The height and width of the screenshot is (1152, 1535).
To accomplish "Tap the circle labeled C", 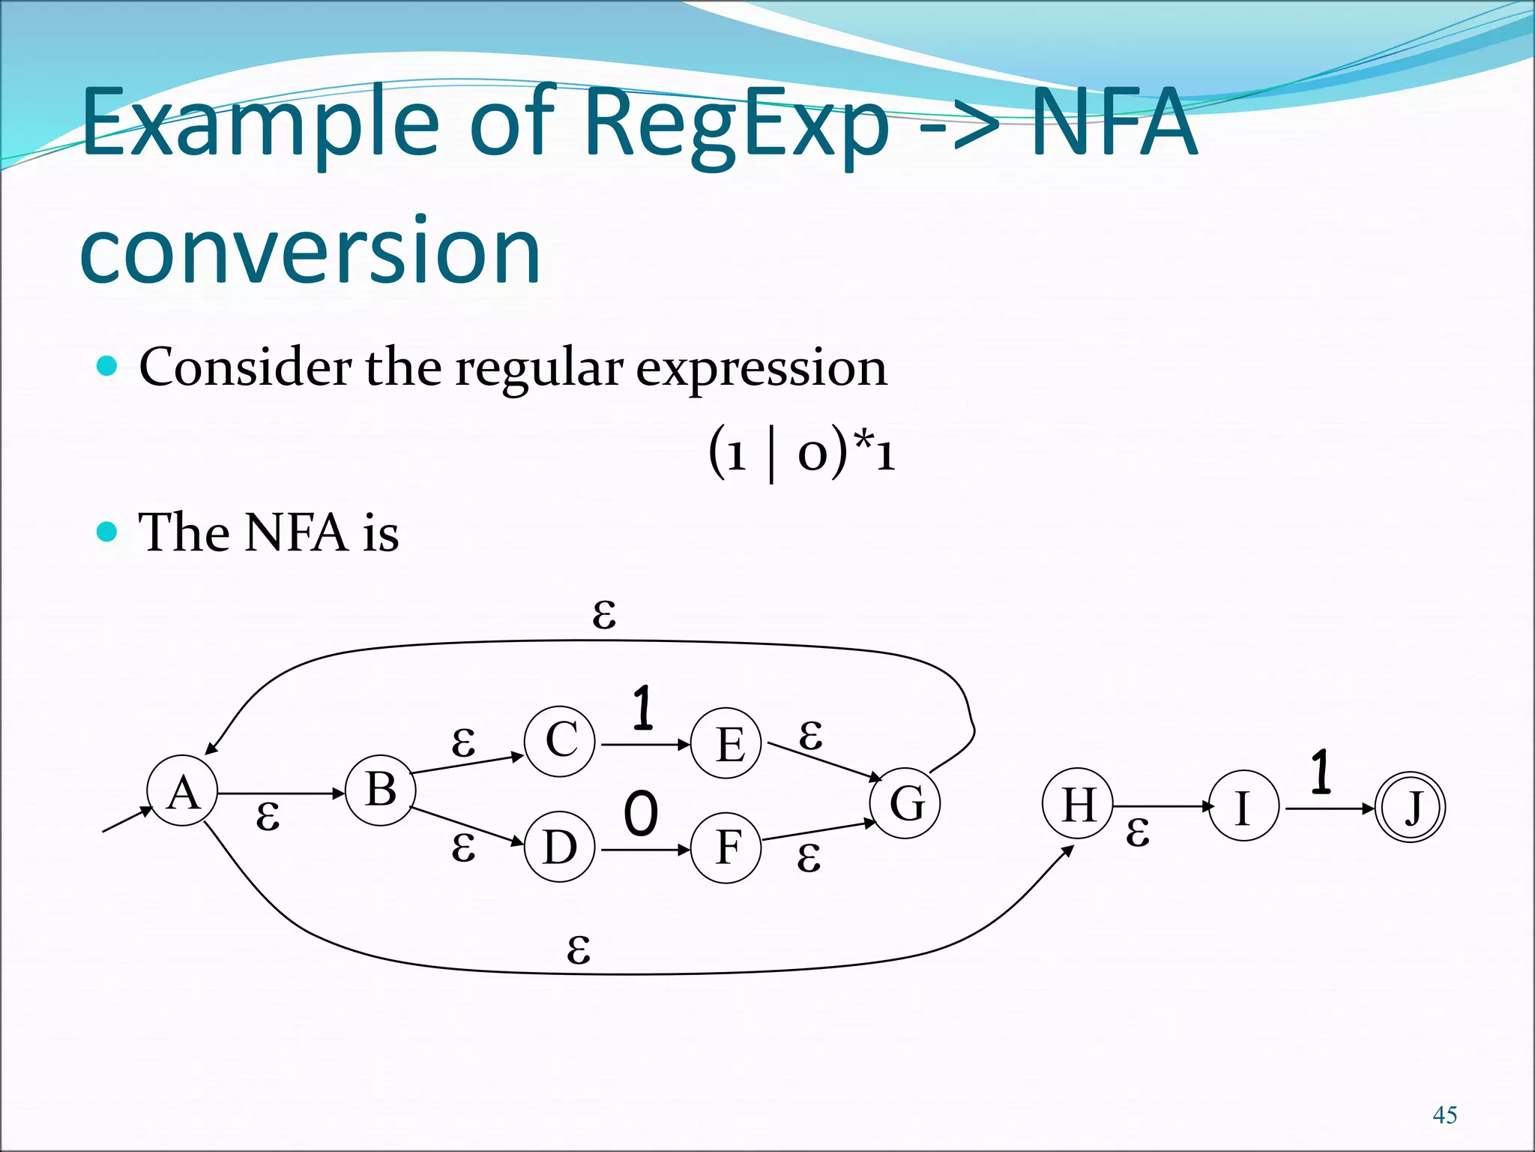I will [560, 741].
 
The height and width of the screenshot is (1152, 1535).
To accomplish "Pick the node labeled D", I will [560, 847].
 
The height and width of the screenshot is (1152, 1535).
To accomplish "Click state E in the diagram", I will [726, 743].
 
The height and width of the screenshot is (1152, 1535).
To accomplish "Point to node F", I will [726, 848].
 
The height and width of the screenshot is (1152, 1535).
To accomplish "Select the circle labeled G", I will [905, 803].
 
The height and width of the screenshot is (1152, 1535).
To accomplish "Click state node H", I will [1078, 804].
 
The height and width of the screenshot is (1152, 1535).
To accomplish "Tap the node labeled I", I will [1243, 806].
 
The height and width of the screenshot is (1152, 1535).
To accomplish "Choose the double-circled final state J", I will [1410, 808].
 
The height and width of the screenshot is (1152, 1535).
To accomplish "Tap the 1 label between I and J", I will [1321, 772].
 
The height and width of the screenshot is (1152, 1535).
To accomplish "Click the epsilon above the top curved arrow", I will [604, 615].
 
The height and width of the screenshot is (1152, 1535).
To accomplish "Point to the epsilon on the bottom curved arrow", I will [579, 950].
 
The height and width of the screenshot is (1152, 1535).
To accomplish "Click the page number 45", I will [1444, 1115].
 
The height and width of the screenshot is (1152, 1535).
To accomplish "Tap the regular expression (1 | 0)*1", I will [801, 453].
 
